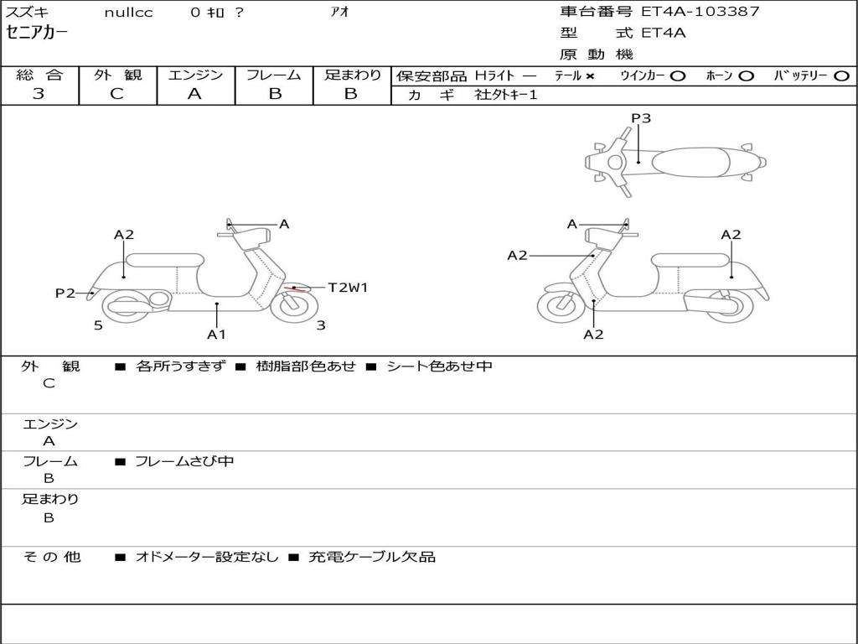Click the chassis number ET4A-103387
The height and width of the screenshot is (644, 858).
[700, 12]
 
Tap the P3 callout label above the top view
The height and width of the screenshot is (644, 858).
[641, 118]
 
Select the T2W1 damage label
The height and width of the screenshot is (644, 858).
[348, 288]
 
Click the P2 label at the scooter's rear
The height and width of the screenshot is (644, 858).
[65, 293]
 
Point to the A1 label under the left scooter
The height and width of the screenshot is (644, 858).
[216, 334]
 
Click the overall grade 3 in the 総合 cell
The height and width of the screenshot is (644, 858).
[39, 94]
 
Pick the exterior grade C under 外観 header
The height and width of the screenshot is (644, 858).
[116, 94]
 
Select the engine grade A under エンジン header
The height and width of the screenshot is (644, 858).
[194, 94]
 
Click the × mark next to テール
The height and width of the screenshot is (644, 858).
[589, 76]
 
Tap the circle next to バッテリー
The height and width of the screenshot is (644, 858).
[841, 76]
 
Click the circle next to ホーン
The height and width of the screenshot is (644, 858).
[747, 76]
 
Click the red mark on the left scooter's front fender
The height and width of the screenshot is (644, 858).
[295, 288]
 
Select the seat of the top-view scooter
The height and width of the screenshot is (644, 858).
[690, 162]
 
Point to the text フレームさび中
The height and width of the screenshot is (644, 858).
[184, 462]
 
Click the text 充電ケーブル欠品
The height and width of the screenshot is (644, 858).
[372, 557]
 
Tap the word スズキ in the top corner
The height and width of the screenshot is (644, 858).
[27, 12]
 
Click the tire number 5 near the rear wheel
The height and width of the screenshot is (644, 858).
[98, 325]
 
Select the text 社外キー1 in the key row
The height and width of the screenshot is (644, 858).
[506, 95]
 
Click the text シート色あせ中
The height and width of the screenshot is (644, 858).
[439, 366]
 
